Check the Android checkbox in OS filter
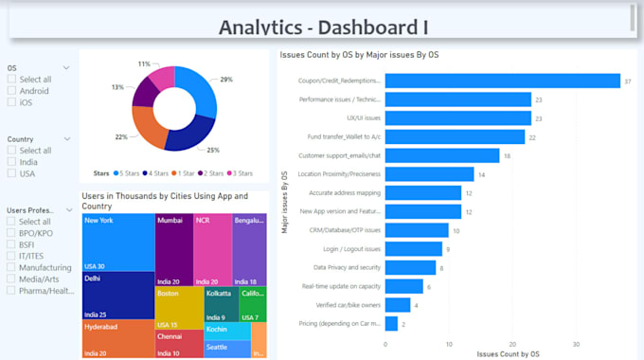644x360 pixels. click(x=11, y=91)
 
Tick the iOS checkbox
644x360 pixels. click(x=11, y=102)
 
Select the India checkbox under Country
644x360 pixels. click(x=11, y=162)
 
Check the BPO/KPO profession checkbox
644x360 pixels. click(x=11, y=232)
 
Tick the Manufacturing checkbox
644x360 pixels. click(x=11, y=267)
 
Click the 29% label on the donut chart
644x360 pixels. click(x=226, y=80)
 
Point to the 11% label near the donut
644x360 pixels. click(x=144, y=64)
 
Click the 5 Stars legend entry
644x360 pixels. click(x=128, y=173)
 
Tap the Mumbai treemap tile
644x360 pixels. click(x=173, y=248)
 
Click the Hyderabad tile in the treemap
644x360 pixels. click(x=117, y=338)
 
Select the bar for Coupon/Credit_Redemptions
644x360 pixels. click(x=502, y=81)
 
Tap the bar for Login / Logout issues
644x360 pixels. click(x=414, y=249)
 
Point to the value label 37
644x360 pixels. click(x=627, y=81)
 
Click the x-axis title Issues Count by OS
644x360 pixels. click(x=509, y=353)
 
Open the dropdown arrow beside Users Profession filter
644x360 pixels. click(x=66, y=209)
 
